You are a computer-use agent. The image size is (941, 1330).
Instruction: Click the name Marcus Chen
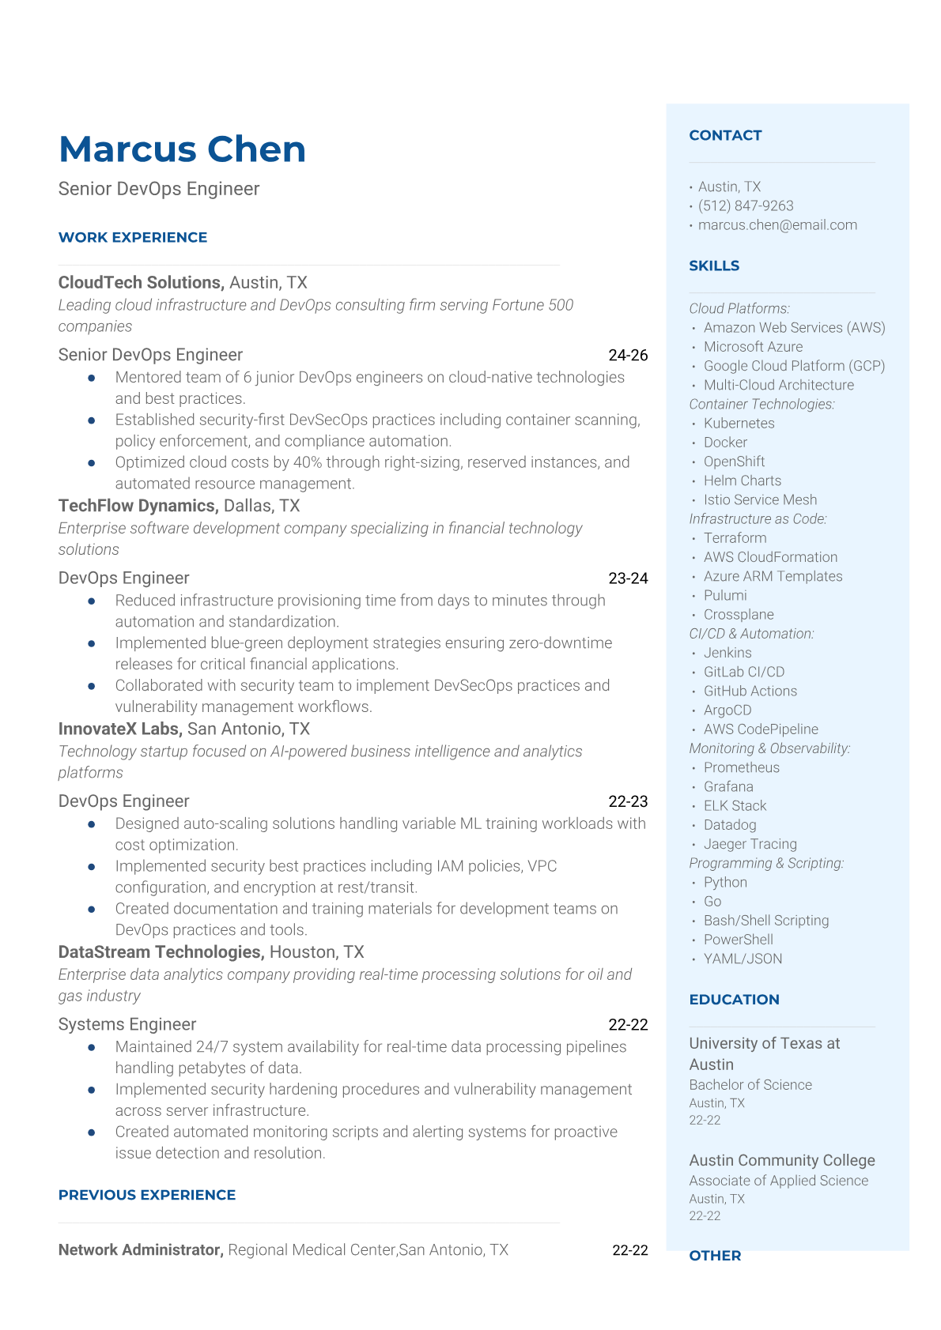(x=182, y=149)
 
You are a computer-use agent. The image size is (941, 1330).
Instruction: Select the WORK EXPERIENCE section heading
(x=133, y=237)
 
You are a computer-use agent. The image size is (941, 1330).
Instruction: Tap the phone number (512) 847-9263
(x=746, y=205)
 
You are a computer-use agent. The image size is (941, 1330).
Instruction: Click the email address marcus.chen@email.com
(x=777, y=224)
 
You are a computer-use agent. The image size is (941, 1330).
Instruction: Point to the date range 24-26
(x=628, y=355)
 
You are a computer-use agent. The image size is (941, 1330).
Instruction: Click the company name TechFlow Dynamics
(x=138, y=505)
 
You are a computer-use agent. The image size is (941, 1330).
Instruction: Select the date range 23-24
(x=628, y=578)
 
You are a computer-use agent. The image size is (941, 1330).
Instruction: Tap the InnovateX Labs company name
(x=120, y=729)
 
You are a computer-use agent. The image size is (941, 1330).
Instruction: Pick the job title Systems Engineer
(x=127, y=1024)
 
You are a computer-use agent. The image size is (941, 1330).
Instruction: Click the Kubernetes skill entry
(x=739, y=423)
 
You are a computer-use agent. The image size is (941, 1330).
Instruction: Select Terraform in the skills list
(x=735, y=537)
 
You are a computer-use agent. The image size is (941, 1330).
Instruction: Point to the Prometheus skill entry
(x=741, y=767)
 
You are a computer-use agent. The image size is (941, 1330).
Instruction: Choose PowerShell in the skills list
(x=738, y=939)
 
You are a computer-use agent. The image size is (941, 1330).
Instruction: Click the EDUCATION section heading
(x=734, y=999)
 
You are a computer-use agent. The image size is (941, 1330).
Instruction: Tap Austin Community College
(x=781, y=1160)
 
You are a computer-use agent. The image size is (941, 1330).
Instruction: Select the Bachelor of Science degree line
(x=750, y=1084)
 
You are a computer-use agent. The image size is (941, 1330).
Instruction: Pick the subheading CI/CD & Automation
(x=751, y=633)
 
